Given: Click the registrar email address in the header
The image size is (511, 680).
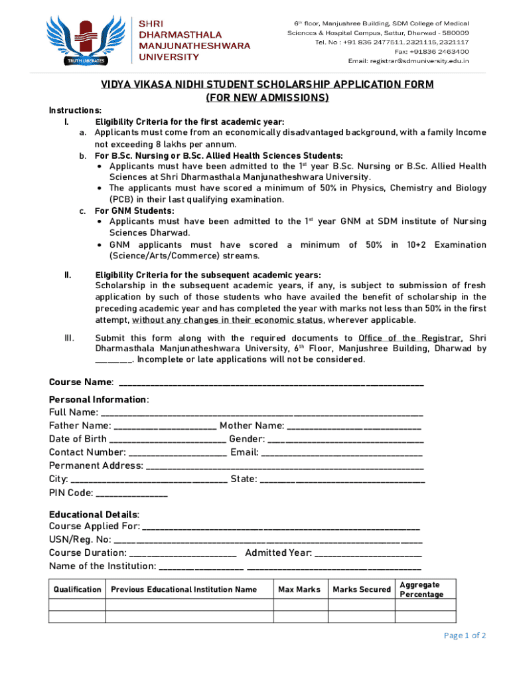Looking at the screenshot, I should pyautogui.click(x=408, y=60).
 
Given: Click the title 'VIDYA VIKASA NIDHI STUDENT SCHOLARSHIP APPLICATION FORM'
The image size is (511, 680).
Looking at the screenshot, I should pyautogui.click(x=267, y=84).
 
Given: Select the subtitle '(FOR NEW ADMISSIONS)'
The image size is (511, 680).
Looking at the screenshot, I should pyautogui.click(x=267, y=98).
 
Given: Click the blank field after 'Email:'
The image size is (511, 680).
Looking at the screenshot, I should pyautogui.click(x=342, y=452).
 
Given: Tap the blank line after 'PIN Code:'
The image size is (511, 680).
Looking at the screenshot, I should pyautogui.click(x=132, y=493).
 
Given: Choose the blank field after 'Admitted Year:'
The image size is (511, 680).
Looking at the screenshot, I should pyautogui.click(x=368, y=552).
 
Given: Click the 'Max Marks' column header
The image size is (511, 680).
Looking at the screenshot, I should pyautogui.click(x=299, y=590).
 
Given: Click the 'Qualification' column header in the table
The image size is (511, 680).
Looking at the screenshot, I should pyautogui.click(x=78, y=590).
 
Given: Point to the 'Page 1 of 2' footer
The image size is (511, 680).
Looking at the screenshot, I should pyautogui.click(x=465, y=636).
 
